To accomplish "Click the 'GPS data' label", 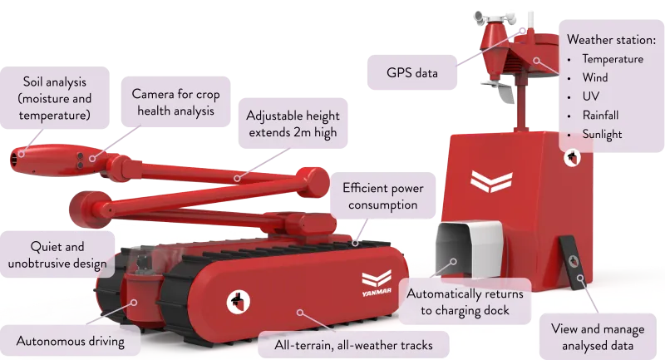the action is [411, 72].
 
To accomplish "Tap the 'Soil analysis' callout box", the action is [55, 98].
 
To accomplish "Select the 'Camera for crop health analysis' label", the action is [175, 101].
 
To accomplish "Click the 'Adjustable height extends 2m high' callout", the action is [293, 123].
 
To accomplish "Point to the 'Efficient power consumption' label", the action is [382, 196].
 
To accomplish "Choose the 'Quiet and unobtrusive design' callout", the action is [57, 254].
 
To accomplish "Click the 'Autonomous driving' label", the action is [71, 341].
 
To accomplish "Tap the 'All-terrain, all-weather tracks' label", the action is [353, 345].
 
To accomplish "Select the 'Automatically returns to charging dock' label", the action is [465, 302].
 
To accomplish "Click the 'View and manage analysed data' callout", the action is [598, 337].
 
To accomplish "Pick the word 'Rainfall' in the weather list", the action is [600, 115].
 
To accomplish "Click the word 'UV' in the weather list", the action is [591, 96].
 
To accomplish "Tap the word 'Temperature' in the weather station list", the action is [613, 58].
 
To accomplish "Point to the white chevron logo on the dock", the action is [491, 181].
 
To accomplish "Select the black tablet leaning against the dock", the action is [574, 263].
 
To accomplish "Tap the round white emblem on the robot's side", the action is [238, 302].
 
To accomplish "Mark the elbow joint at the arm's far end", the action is [313, 183].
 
